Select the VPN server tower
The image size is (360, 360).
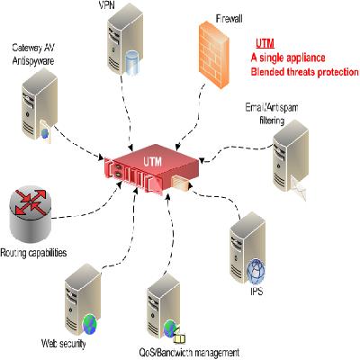pos(128,49)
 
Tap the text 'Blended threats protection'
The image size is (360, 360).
pos(304,71)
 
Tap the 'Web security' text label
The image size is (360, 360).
pos(63,345)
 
